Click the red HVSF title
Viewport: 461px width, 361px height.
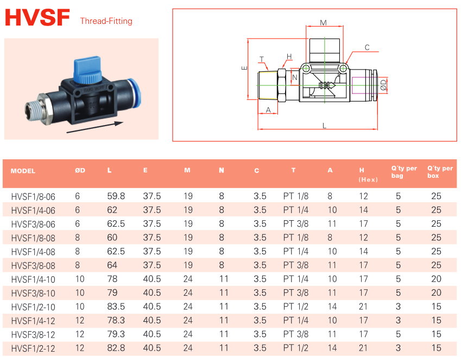(x=37, y=18)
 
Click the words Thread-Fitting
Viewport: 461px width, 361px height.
(x=106, y=21)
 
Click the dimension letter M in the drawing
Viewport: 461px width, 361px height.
(x=323, y=23)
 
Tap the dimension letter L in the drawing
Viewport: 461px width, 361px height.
(x=324, y=126)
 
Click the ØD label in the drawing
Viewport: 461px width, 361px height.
(x=383, y=84)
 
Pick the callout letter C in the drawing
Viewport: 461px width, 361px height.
(x=367, y=48)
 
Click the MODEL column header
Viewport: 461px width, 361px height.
(x=23, y=171)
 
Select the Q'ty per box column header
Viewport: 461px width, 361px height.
(x=440, y=172)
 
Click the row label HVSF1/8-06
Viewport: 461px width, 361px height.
(x=33, y=196)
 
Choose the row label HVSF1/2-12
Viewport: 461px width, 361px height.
(x=33, y=348)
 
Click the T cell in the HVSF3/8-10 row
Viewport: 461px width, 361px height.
(x=295, y=292)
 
